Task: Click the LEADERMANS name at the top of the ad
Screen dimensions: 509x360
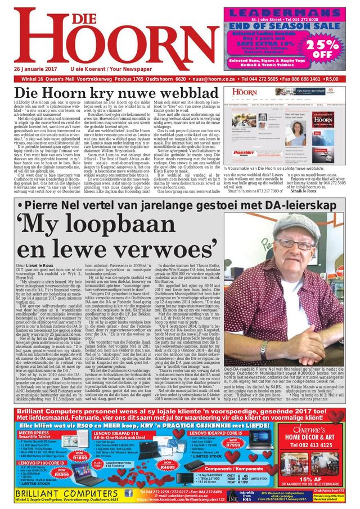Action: (x=290, y=12)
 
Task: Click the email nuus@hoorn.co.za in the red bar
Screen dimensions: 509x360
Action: (x=215, y=79)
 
